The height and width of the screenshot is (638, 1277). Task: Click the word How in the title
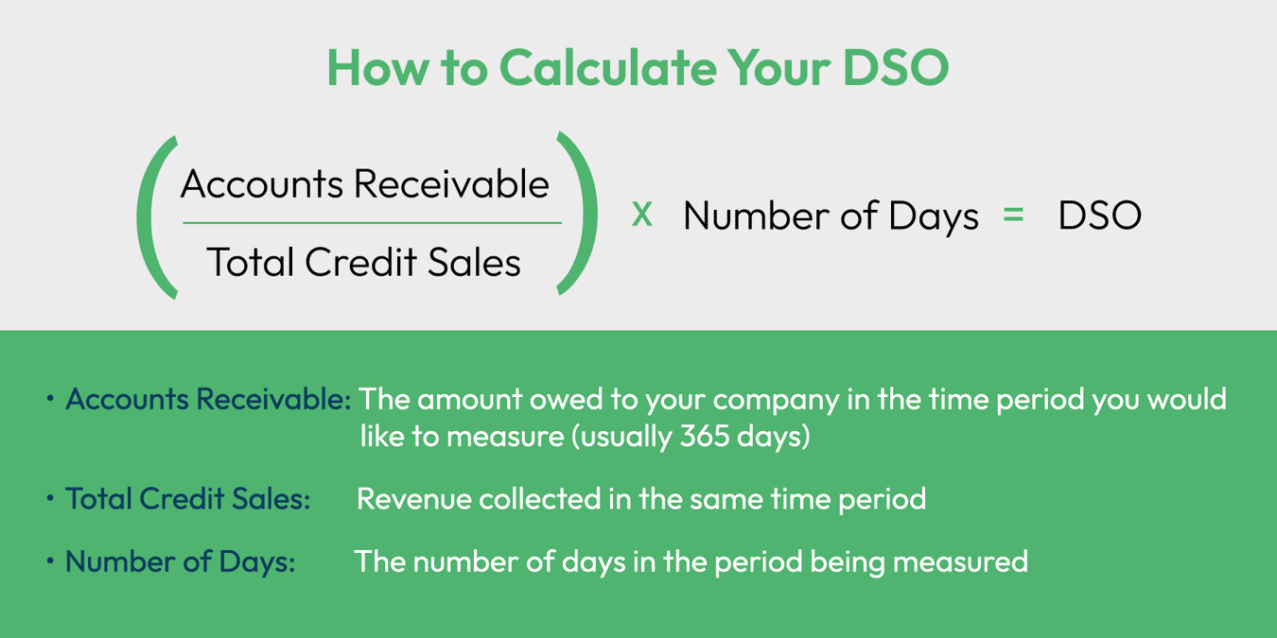tap(371, 68)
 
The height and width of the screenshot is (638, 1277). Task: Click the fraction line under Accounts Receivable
tap(372, 223)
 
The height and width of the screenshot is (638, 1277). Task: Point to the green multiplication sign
tap(642, 215)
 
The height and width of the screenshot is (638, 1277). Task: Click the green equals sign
tap(1013, 215)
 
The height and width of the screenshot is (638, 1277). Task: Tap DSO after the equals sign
tap(1099, 216)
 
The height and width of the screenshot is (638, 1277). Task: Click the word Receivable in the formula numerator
tap(450, 183)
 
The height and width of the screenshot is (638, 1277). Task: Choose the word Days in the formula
tap(932, 216)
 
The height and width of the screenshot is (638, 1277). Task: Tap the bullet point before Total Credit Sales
tap(49, 498)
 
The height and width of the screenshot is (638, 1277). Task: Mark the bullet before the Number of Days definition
tap(49, 561)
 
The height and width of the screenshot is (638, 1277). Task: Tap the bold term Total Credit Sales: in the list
tap(187, 498)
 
